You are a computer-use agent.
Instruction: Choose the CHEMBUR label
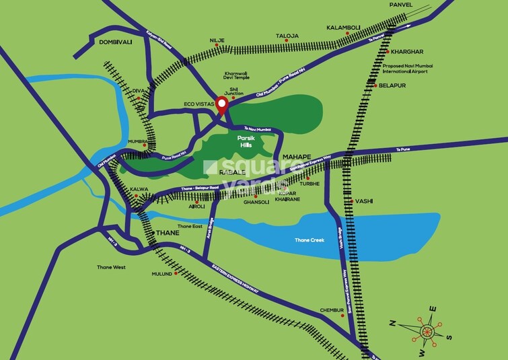coord(332,310)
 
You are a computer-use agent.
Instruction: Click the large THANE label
coord(167,233)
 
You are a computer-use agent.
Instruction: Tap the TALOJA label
coord(287,35)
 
